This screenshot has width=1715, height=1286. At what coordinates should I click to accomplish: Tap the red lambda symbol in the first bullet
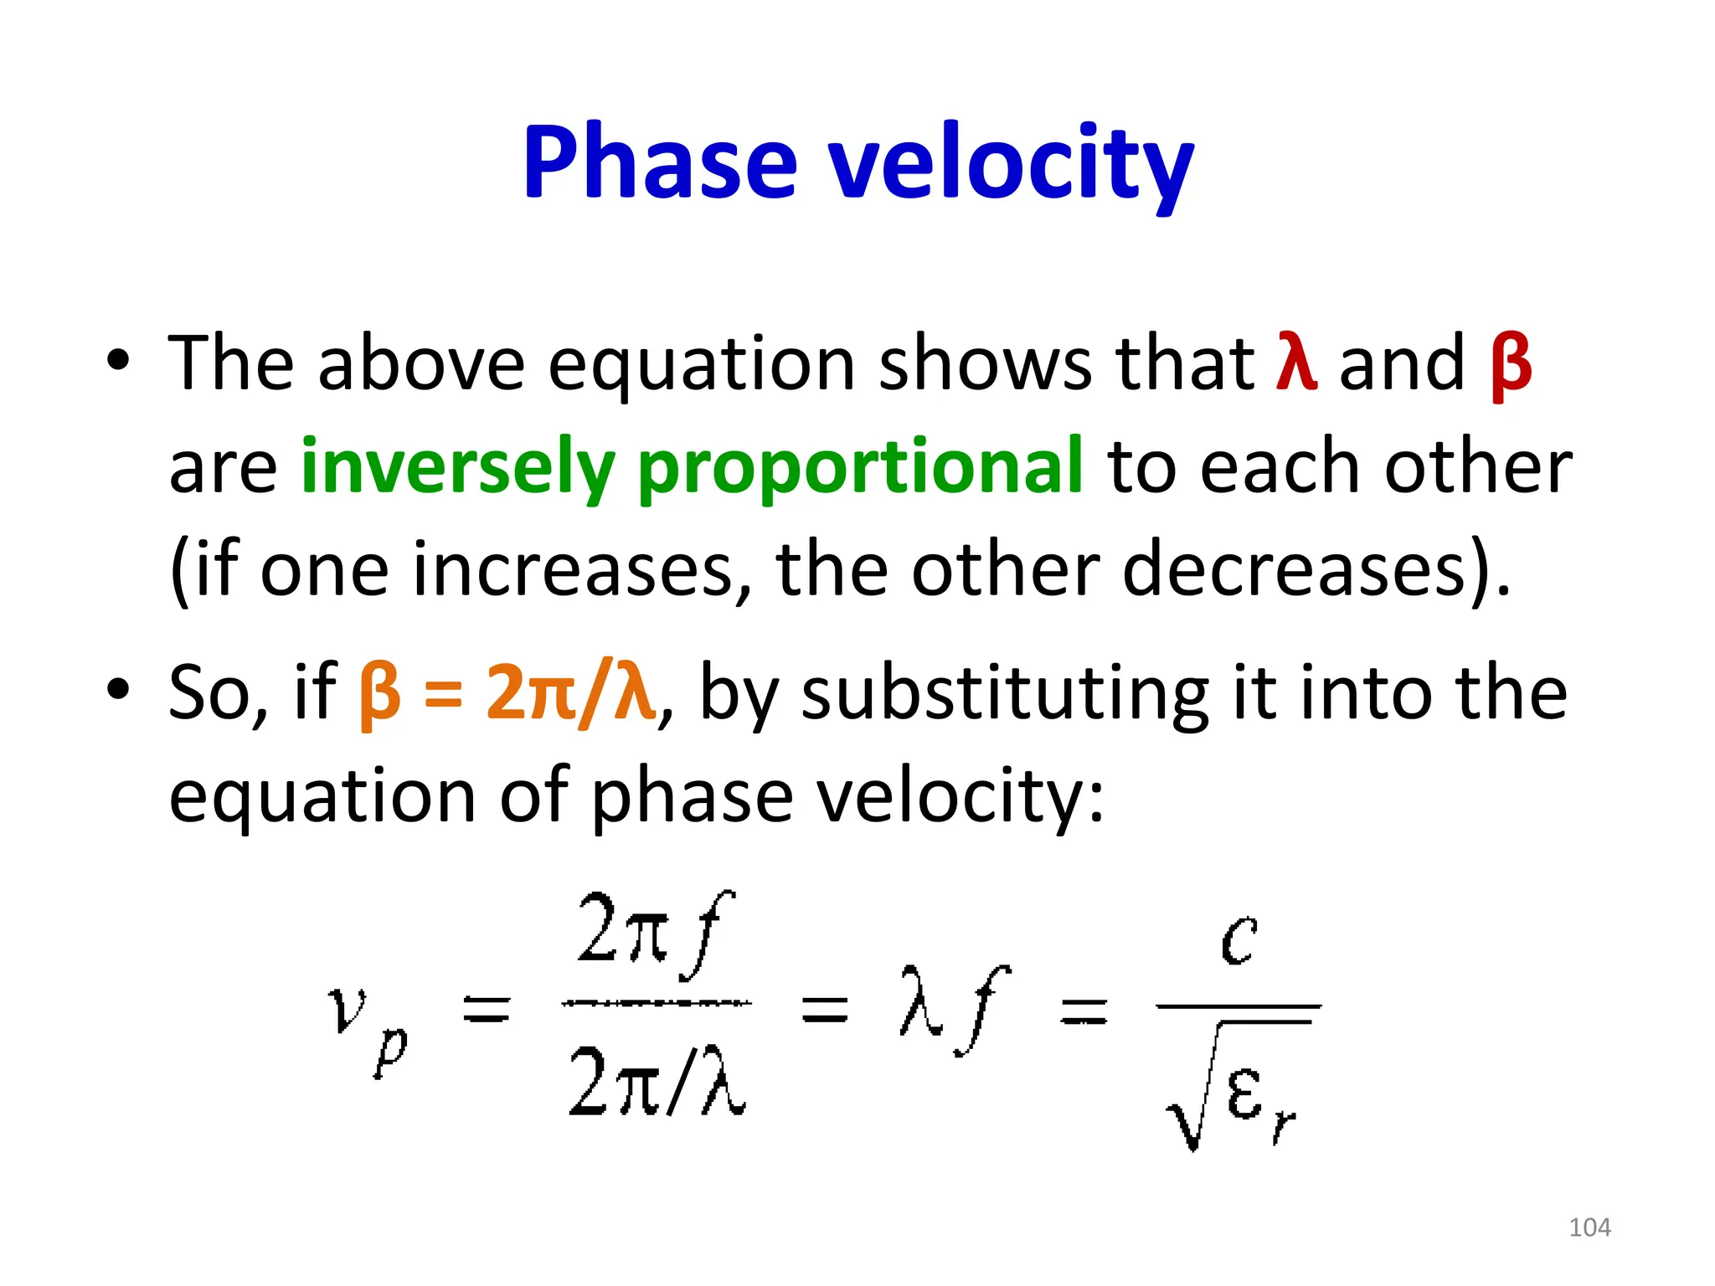coord(1296,362)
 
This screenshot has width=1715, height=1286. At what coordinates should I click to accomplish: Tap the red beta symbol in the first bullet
coord(1511,365)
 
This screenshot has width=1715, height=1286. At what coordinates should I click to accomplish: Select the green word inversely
coord(457,466)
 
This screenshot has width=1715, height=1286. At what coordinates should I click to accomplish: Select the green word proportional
coord(860,466)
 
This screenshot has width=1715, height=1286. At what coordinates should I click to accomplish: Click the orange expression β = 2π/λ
coord(507,692)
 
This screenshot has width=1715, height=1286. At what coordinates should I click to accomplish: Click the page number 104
coord(1589,1227)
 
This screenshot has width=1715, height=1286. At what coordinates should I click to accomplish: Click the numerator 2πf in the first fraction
coord(655,936)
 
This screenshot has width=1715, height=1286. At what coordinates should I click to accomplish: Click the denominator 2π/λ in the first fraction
coord(657,1082)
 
